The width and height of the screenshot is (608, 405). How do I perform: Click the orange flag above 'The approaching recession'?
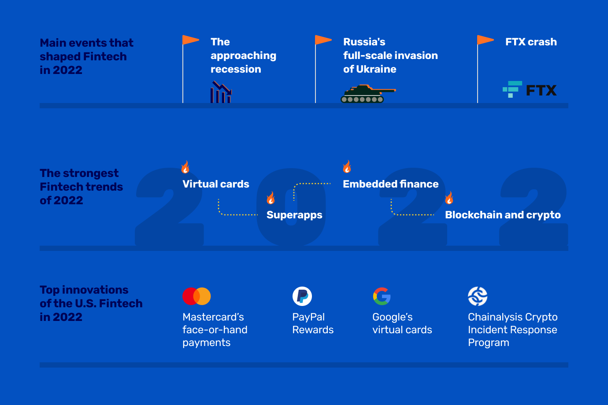click(x=191, y=40)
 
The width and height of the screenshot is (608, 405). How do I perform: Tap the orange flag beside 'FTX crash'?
click(x=486, y=40)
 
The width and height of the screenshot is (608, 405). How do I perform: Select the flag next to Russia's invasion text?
click(x=323, y=40)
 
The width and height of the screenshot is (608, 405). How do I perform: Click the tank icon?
click(x=367, y=93)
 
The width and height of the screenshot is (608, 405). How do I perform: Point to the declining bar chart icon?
click(x=221, y=92)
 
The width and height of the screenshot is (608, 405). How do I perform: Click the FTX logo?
click(x=530, y=90)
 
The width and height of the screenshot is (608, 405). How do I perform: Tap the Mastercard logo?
click(x=196, y=296)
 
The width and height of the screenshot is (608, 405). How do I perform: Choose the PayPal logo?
click(x=302, y=296)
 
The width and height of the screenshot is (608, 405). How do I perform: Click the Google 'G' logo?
click(x=382, y=296)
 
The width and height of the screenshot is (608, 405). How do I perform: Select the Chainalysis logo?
click(x=478, y=296)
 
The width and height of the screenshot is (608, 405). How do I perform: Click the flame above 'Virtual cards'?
click(x=185, y=167)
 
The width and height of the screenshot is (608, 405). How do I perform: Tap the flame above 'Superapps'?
click(x=271, y=198)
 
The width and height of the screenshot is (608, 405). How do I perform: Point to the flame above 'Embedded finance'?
click(x=347, y=167)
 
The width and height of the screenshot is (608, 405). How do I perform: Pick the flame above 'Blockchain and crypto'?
click(x=449, y=198)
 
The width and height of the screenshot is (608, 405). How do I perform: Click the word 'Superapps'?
click(x=294, y=215)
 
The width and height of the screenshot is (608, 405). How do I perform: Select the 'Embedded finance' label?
click(x=391, y=184)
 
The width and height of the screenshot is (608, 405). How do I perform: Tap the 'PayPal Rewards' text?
click(x=313, y=323)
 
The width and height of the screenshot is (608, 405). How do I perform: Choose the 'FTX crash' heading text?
click(x=531, y=42)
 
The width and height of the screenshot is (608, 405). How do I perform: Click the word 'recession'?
click(x=236, y=69)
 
